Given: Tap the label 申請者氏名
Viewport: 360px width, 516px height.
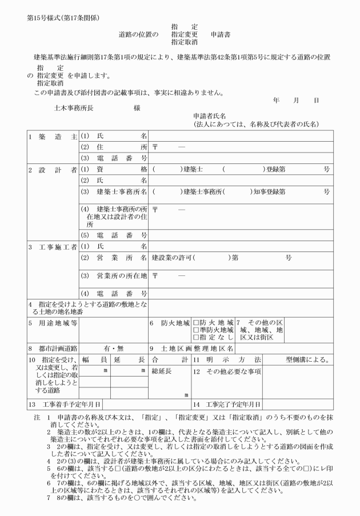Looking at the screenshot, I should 214,115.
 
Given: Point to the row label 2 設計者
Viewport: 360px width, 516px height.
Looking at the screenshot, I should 51,169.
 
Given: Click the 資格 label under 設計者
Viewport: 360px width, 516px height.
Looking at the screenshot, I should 114,169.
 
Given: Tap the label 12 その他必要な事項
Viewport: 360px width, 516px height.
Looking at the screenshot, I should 226,372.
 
